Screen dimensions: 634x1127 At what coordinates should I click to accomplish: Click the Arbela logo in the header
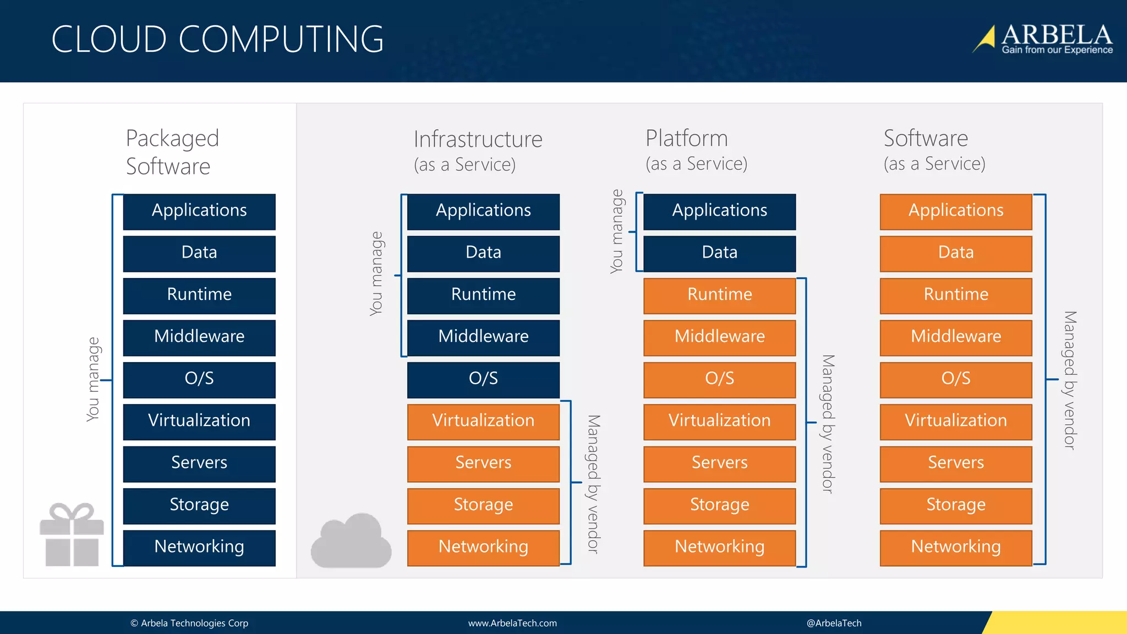tap(1043, 39)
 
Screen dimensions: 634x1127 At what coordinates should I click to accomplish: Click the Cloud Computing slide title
tap(217, 40)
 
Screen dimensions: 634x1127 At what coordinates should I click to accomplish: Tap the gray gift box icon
tap(72, 534)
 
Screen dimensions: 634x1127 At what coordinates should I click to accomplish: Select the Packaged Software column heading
tap(172, 152)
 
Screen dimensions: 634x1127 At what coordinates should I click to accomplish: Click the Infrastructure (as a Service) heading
tap(478, 150)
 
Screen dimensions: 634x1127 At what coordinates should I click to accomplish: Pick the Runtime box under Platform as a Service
tap(719, 295)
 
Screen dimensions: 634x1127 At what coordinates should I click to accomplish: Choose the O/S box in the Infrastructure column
tap(483, 379)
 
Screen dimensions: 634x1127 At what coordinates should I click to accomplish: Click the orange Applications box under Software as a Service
tap(955, 211)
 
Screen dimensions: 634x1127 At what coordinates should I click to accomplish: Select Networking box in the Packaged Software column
tap(199, 547)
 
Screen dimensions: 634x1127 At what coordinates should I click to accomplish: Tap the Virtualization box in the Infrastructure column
tap(483, 421)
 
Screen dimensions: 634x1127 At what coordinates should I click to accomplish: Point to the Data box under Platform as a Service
tap(719, 253)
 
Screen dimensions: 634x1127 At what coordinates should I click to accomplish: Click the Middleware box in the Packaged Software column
tap(199, 337)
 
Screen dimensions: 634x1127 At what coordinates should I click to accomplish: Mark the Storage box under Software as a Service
tap(955, 505)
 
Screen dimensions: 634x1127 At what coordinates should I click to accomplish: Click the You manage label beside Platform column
tap(617, 231)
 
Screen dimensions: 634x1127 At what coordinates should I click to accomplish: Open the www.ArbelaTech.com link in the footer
tap(512, 623)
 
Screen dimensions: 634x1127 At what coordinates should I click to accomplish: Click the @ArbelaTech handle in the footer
tap(834, 623)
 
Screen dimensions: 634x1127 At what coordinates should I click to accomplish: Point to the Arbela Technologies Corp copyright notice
tap(189, 623)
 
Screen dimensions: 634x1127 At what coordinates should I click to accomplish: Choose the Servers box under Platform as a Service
tap(719, 463)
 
